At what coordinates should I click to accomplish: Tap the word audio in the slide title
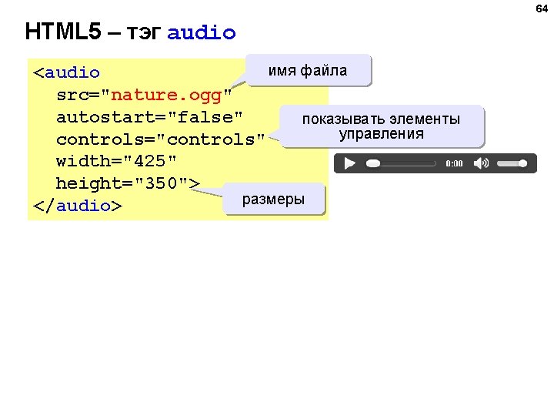pyautogui.click(x=202, y=33)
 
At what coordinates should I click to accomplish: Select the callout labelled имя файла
pyautogui.click(x=308, y=71)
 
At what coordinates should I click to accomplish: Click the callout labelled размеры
pyautogui.click(x=273, y=200)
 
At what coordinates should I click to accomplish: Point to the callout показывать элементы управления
pyautogui.click(x=382, y=126)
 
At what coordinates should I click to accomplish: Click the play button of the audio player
pyautogui.click(x=349, y=163)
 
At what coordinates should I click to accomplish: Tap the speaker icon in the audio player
pyautogui.click(x=481, y=163)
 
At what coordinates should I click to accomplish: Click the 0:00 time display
pyautogui.click(x=455, y=164)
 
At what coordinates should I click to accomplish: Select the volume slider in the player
pyautogui.click(x=516, y=163)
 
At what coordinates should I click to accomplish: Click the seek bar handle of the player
pyautogui.click(x=373, y=163)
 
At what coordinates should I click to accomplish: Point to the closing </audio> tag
pyautogui.click(x=78, y=206)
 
